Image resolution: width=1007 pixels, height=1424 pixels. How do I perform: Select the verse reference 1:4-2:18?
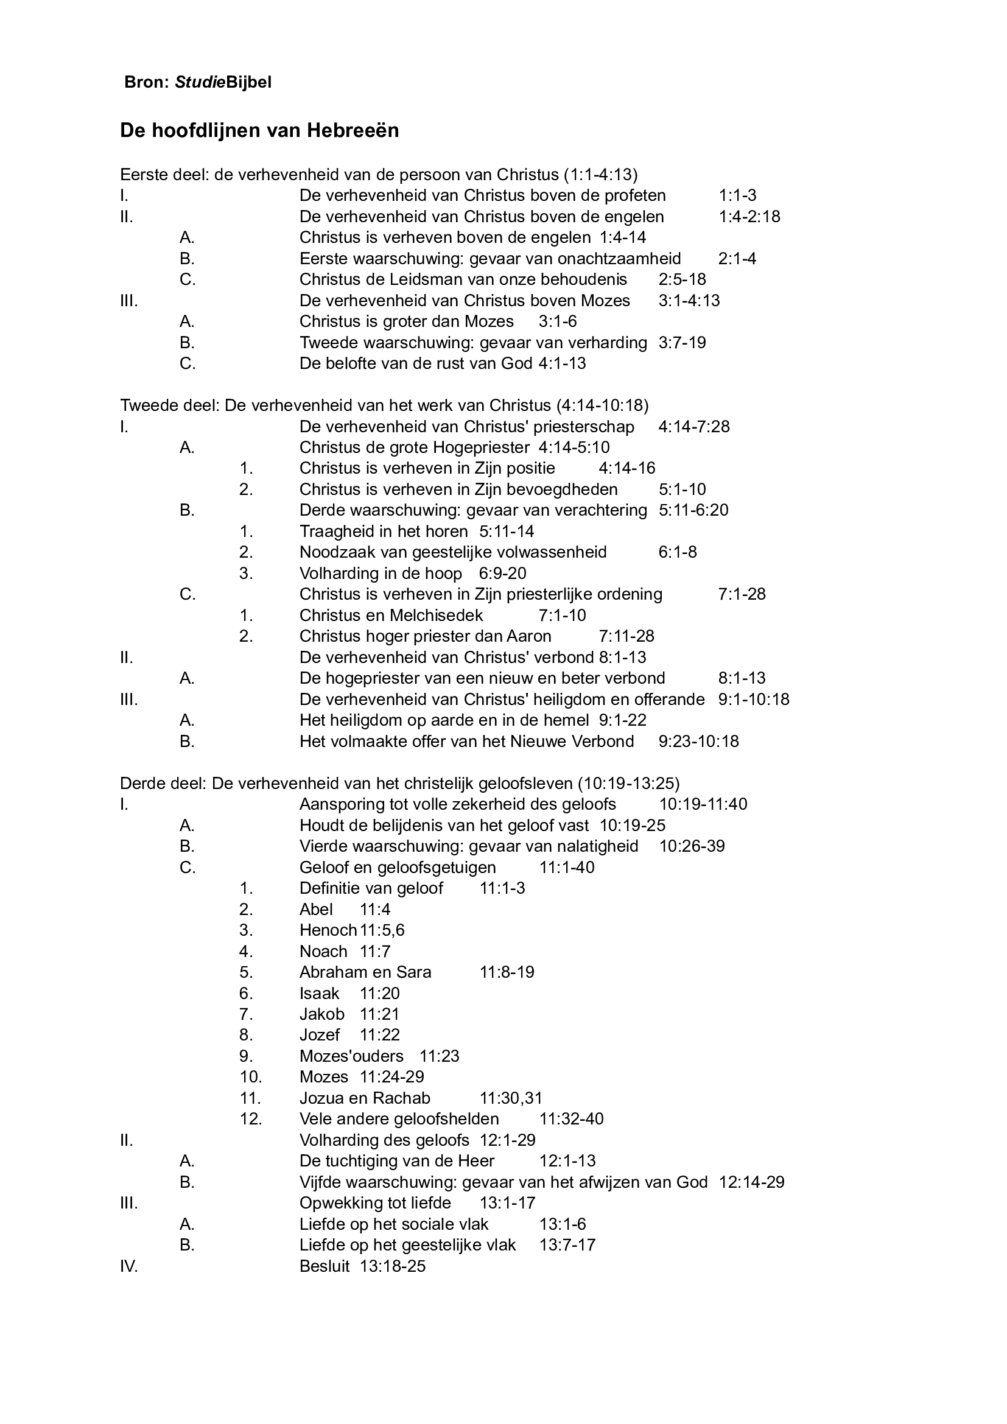pyautogui.click(x=749, y=217)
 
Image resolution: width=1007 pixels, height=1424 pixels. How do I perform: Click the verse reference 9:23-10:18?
pyautogui.click(x=698, y=741)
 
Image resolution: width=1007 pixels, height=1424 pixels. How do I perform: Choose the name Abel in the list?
pyautogui.click(x=316, y=909)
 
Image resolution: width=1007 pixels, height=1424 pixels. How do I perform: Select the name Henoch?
pyautogui.click(x=328, y=930)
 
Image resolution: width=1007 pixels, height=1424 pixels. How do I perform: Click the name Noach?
pyautogui.click(x=323, y=952)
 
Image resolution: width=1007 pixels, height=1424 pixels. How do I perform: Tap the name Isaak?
pyautogui.click(x=320, y=993)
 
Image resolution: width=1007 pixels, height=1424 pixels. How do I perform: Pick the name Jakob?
pyautogui.click(x=322, y=1014)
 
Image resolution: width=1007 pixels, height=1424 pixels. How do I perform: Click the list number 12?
pyautogui.click(x=250, y=1119)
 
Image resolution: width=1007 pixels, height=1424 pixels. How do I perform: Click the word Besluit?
pyautogui.click(x=325, y=1266)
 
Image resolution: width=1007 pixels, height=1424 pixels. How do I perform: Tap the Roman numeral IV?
pyautogui.click(x=128, y=1266)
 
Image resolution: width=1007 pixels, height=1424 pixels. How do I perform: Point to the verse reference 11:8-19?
pyautogui.click(x=507, y=972)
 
